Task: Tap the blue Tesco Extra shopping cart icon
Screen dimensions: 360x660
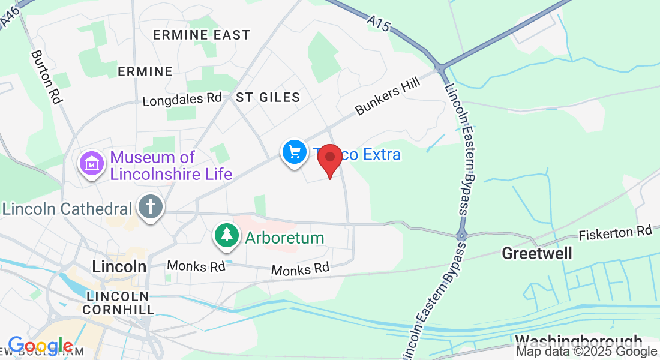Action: pyautogui.click(x=294, y=151)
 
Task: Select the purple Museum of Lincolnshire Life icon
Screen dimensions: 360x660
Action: pyautogui.click(x=92, y=162)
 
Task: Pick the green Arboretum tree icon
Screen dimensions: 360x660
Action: pyautogui.click(x=227, y=235)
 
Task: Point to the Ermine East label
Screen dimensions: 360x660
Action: pyautogui.click(x=202, y=35)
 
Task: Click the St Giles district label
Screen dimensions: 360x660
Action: pyautogui.click(x=268, y=97)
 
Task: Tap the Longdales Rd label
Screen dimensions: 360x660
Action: pyautogui.click(x=182, y=99)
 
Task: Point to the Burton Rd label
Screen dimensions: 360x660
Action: pyautogui.click(x=46, y=77)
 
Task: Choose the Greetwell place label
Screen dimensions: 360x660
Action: pyautogui.click(x=537, y=253)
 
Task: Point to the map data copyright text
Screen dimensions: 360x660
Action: pyautogui.click(x=587, y=352)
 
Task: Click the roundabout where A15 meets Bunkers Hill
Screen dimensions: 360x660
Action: pyautogui.click(x=442, y=67)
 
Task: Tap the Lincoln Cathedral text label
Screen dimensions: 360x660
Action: pyautogui.click(x=67, y=209)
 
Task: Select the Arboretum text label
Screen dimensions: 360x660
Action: pyautogui.click(x=284, y=238)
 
